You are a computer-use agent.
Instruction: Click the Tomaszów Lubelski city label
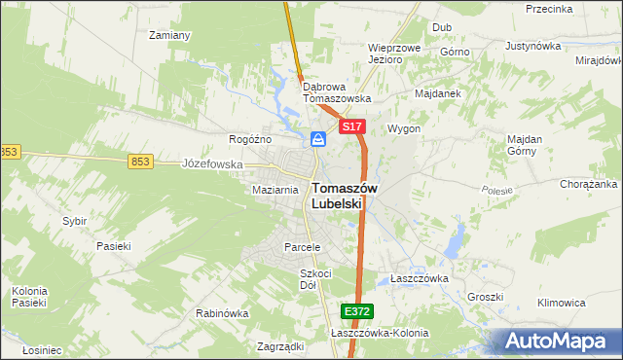point(338,197)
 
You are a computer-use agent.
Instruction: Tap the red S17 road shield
point(351,127)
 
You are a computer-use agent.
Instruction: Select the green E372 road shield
point(357,311)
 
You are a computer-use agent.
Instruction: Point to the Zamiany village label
point(168,35)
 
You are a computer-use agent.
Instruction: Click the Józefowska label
point(212,164)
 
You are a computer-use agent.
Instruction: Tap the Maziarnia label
point(275,190)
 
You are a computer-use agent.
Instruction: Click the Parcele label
point(302,247)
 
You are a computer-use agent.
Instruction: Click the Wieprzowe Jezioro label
point(393,53)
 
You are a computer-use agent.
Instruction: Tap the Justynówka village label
point(534,46)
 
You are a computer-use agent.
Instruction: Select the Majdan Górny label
point(525,145)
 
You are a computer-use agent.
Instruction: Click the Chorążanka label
point(589,184)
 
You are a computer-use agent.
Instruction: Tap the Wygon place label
point(404,128)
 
